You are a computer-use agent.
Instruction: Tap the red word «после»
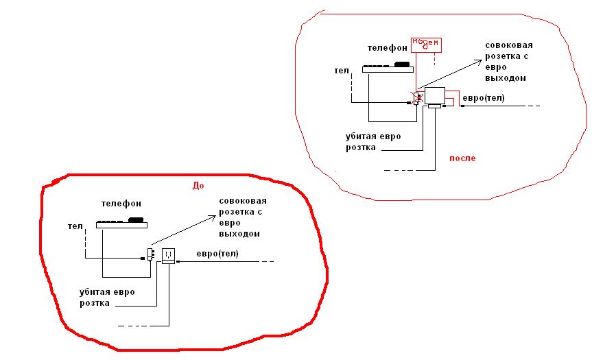point(462,158)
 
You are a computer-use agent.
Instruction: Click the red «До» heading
point(198,185)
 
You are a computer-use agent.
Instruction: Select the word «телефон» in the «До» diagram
point(121,204)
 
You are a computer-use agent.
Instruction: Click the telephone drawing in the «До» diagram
point(121,222)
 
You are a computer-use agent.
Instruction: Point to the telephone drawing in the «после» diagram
point(387,67)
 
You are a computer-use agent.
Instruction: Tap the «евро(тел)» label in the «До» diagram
point(217,254)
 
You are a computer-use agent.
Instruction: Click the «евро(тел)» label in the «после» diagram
point(484,98)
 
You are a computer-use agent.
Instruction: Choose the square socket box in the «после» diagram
point(434,96)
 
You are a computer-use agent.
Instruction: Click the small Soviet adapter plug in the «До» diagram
point(150,254)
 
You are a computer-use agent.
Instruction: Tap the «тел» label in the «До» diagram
point(75,226)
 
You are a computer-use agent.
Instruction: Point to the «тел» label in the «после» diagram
point(341,70)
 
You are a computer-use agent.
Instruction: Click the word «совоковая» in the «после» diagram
point(509,46)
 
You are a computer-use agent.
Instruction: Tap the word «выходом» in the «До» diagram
point(241,234)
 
